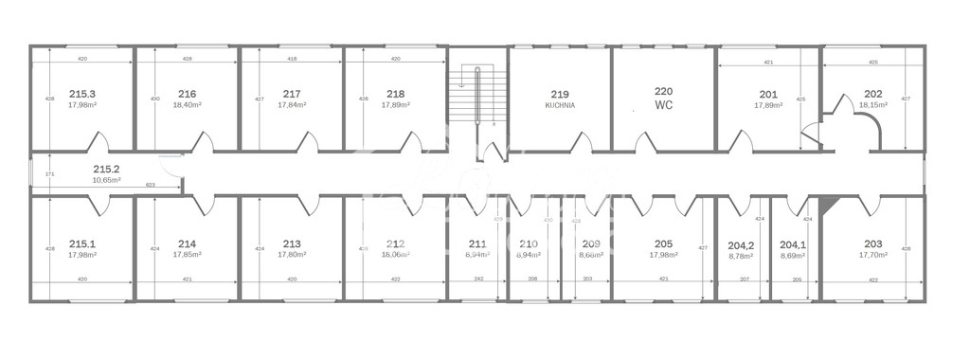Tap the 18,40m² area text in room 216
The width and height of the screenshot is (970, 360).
point(187,105)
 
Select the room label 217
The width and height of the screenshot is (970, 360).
point(292,94)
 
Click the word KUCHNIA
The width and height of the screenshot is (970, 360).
point(560,105)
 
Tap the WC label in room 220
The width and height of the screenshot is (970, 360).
point(663,105)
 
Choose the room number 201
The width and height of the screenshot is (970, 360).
point(768,94)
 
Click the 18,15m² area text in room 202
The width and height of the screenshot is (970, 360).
point(873,105)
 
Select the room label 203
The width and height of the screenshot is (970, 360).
point(872,243)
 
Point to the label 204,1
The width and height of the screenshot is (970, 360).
point(792,243)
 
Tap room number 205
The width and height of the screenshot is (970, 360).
point(663,243)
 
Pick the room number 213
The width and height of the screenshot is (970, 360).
point(292,243)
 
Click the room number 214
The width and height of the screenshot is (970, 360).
point(187,243)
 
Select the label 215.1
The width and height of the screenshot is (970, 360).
point(82,243)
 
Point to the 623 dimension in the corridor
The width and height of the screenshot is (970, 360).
point(150,185)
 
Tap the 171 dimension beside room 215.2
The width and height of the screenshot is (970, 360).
point(49,174)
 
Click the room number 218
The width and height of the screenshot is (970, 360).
point(396,94)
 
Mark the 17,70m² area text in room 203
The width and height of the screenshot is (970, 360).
point(872,255)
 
